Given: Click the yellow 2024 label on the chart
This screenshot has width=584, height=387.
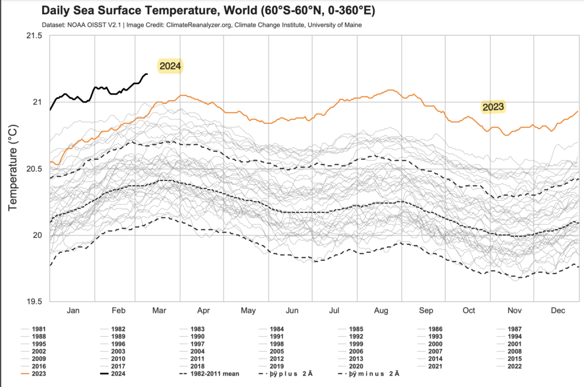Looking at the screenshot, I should pyautogui.click(x=170, y=66).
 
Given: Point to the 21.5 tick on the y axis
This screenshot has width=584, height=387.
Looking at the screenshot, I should pyautogui.click(x=34, y=35).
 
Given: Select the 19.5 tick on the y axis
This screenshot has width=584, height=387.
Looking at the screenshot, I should pyautogui.click(x=34, y=301).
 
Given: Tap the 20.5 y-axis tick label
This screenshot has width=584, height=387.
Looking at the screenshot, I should pyautogui.click(x=34, y=169).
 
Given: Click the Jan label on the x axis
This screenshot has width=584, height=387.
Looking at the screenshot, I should pyautogui.click(x=73, y=311).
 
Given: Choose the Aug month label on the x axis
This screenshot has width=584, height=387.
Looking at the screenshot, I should pyautogui.click(x=381, y=311).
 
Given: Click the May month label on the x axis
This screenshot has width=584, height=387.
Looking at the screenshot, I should pyautogui.click(x=249, y=311).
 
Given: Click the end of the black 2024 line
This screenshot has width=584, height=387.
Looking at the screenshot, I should pyautogui.click(x=147, y=74).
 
